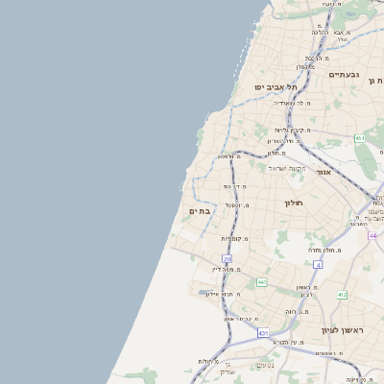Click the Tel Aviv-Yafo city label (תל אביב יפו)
pyautogui.click(x=275, y=87)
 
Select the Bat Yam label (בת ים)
pyautogui.click(x=198, y=211)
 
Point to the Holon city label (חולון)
pyautogui.click(x=293, y=203)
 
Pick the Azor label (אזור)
pyautogui.click(x=324, y=172)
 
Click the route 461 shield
pyautogui.click(x=360, y=139)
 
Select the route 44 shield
pyautogui.click(x=372, y=235)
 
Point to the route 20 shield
pyautogui.click(x=227, y=259)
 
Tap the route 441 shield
pyautogui.click(x=261, y=282)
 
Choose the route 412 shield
pyautogui.click(x=342, y=295)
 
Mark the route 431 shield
pyautogui.click(x=263, y=332)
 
